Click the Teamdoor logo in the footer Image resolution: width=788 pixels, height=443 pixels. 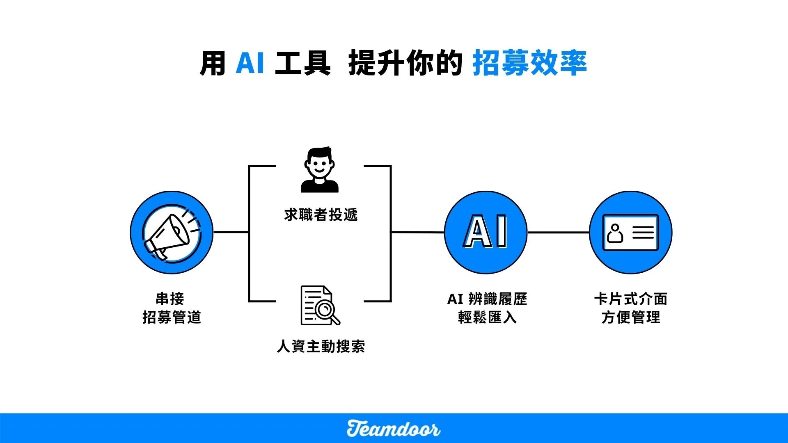(393, 429)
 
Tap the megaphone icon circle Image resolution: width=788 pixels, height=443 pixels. (172, 233)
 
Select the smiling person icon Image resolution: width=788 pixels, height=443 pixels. (320, 170)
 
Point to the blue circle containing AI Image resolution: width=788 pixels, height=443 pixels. (486, 233)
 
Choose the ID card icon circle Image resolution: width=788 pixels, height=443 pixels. (630, 233)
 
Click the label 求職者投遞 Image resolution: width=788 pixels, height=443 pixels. (321, 215)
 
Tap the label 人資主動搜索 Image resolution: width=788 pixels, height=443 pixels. (321, 346)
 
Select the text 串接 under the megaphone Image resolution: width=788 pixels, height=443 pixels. (170, 299)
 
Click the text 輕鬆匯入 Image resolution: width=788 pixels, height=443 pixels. (487, 317)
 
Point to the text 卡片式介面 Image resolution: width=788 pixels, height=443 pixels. (631, 299)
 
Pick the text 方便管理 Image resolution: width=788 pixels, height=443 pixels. (631, 317)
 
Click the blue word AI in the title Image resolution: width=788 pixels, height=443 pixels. (250, 63)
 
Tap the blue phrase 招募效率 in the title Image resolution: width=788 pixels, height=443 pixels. (529, 63)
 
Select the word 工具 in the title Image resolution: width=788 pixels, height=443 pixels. (303, 63)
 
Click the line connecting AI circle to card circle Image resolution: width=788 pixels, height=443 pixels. (558, 233)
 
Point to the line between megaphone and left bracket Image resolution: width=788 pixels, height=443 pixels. (231, 232)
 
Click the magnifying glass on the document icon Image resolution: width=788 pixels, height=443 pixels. (328, 311)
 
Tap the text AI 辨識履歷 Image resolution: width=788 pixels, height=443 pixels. (487, 299)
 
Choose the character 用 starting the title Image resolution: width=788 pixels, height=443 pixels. (213, 63)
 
